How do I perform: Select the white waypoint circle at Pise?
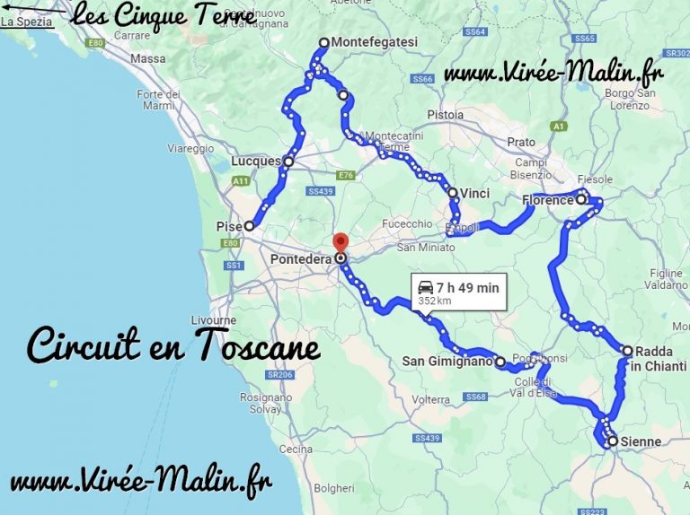click(249, 226)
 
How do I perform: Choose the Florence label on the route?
click(547, 200)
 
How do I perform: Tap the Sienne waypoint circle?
click(612, 441)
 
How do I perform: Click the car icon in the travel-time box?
click(424, 287)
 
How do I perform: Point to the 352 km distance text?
click(434, 301)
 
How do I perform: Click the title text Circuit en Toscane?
click(173, 344)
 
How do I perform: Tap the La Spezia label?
click(27, 22)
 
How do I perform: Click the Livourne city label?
click(214, 319)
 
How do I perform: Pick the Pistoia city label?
click(446, 115)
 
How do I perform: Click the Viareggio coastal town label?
click(191, 148)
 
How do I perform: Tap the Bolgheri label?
click(335, 488)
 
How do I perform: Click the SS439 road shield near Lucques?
click(320, 191)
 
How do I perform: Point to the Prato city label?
click(521, 142)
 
